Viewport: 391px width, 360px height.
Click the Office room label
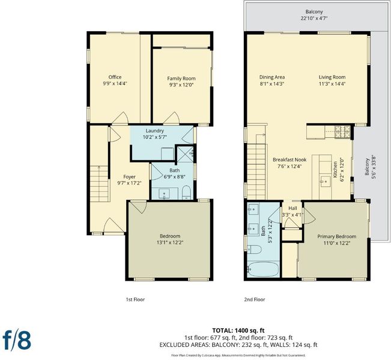115,77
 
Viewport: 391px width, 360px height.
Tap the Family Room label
181,79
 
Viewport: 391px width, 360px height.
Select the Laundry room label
154,131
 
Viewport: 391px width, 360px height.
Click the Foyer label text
129,176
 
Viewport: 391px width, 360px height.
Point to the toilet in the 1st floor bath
186,193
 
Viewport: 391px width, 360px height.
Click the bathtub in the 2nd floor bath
263,269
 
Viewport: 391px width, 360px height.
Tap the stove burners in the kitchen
342,132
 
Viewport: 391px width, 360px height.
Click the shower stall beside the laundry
185,154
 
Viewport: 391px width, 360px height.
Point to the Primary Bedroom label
336,236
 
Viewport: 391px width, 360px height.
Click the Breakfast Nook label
289,160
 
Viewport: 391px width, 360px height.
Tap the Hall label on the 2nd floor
292,208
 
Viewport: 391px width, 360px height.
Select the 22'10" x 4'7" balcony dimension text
314,18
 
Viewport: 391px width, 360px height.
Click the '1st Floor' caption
135,299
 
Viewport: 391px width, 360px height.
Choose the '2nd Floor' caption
254,299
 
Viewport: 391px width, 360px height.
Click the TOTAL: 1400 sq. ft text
238,331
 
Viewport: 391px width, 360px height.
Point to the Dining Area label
272,77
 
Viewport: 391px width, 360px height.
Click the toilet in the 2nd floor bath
254,249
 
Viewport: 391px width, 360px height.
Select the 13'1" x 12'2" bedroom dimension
169,242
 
